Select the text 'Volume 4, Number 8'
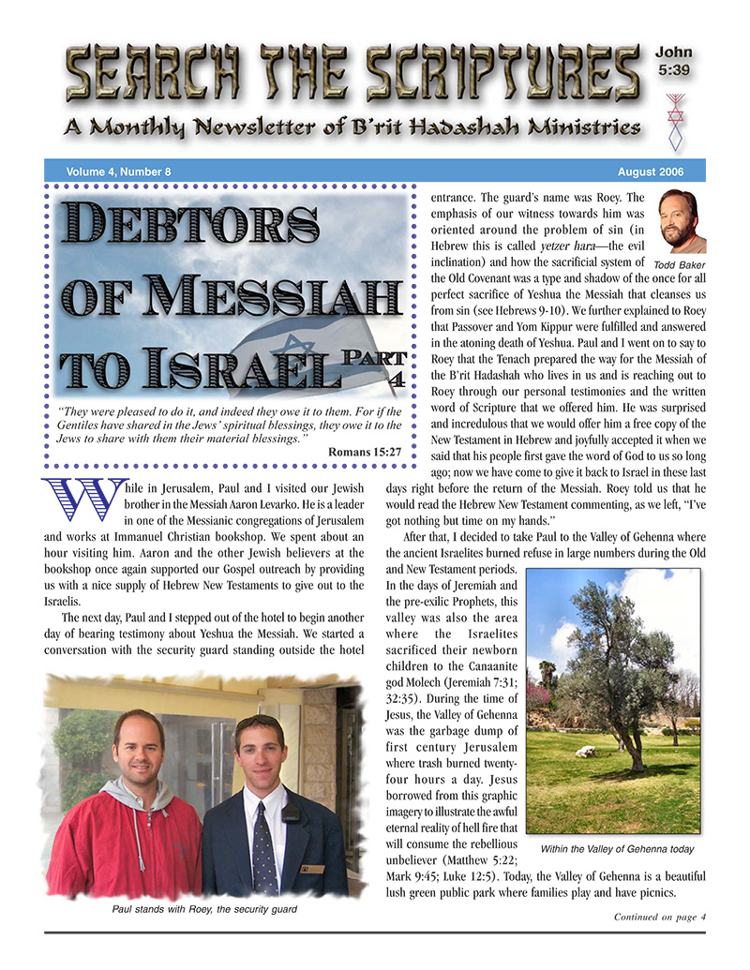pos(118,172)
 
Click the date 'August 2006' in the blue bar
pos(651,172)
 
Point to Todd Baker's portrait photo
pos(681,222)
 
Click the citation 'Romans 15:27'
pos(366,453)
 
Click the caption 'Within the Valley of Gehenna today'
pos(617,849)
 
